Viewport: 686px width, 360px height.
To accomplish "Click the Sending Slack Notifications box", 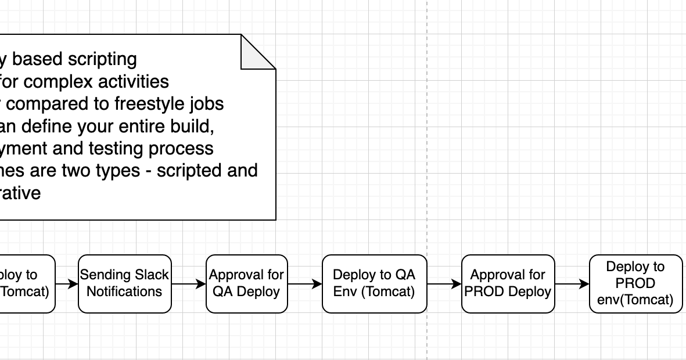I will [x=124, y=283].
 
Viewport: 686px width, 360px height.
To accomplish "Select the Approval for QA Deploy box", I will [x=246, y=283].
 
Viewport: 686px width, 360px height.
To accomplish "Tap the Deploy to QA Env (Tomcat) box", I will [x=374, y=283].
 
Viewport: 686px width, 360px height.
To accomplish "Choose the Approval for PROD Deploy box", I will [x=508, y=283].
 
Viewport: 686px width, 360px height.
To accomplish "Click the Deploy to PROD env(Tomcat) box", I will [x=635, y=283].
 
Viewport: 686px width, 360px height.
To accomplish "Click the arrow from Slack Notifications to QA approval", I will [x=189, y=284].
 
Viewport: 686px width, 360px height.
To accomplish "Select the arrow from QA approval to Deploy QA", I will [x=305, y=284].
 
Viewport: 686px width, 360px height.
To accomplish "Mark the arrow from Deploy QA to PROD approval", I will [x=444, y=284].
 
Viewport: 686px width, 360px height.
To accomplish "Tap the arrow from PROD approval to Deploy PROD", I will [x=572, y=284].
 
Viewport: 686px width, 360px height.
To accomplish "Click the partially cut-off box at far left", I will [x=26, y=283].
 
